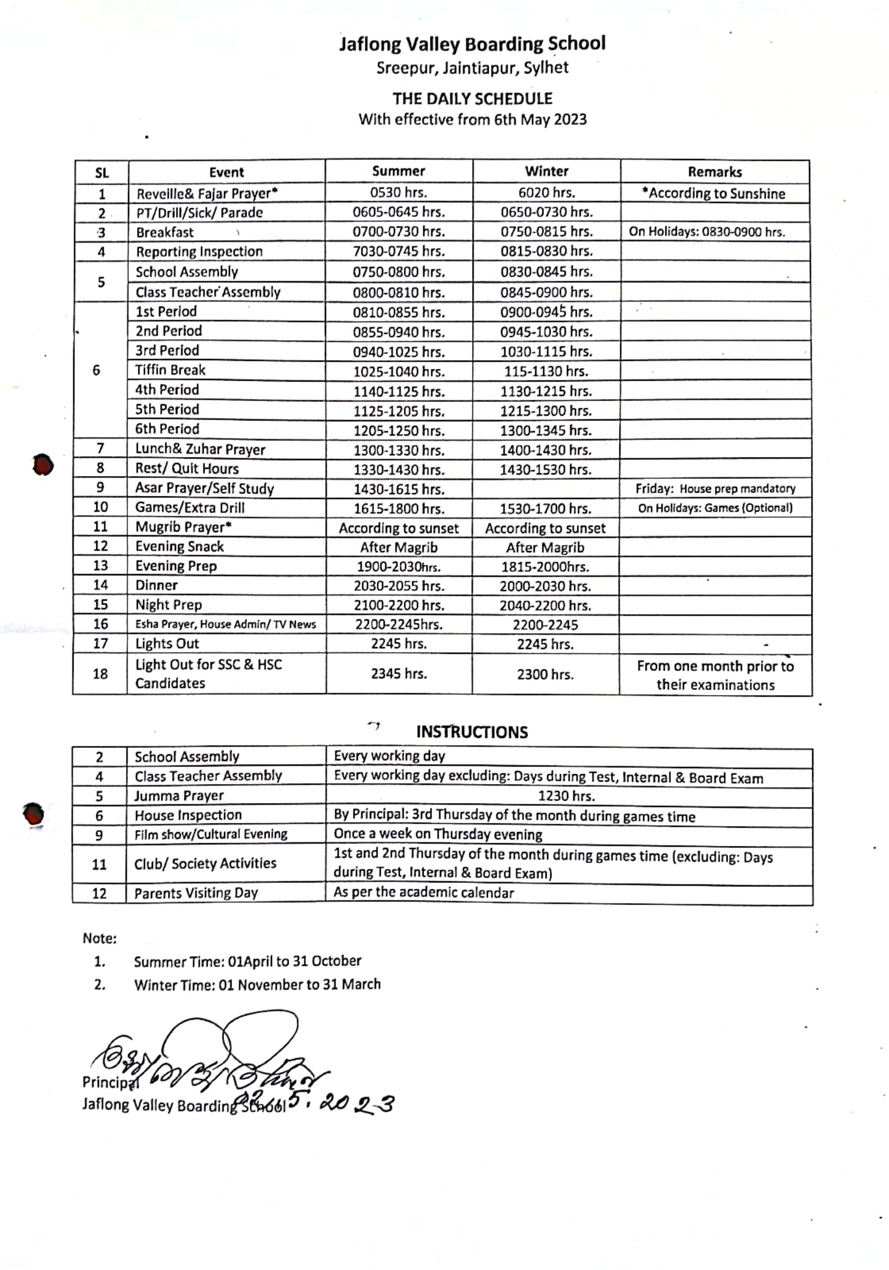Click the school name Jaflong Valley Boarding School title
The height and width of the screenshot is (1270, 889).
tap(472, 44)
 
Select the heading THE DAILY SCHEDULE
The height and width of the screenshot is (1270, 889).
tap(472, 98)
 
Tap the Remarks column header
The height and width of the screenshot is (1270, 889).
tap(714, 172)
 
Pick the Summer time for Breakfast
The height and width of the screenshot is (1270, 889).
tap(398, 231)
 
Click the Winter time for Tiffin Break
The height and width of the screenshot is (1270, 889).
tap(545, 371)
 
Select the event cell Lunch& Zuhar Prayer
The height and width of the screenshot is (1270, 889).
tap(200, 449)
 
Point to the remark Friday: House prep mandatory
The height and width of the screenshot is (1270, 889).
tap(715, 488)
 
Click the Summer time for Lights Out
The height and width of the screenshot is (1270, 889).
tap(398, 644)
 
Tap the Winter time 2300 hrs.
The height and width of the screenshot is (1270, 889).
tap(545, 674)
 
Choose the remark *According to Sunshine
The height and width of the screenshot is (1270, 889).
tap(713, 193)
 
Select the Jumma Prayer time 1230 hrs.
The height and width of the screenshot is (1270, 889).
tap(566, 796)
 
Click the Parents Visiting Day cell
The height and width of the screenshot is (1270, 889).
tap(196, 893)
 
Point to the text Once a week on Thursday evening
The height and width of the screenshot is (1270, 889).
tap(438, 834)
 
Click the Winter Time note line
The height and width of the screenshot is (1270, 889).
tap(257, 985)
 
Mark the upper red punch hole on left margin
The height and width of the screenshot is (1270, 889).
tap(43, 464)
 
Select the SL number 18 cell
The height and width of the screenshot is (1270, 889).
tap(100, 674)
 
